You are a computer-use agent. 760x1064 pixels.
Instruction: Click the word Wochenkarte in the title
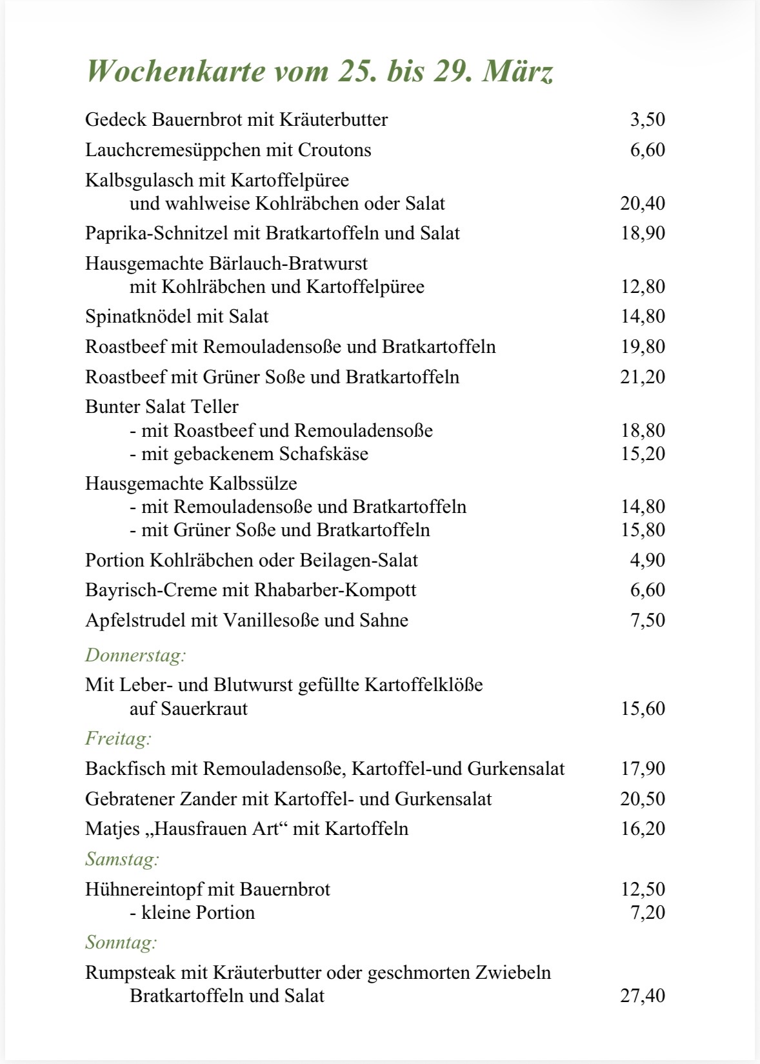(175, 72)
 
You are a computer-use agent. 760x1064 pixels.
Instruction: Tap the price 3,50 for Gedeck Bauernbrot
(647, 120)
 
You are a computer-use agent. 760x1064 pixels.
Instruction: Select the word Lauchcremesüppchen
(169, 150)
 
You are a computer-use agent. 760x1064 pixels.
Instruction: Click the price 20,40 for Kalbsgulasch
(643, 204)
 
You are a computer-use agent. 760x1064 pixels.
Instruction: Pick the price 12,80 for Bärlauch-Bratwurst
(643, 287)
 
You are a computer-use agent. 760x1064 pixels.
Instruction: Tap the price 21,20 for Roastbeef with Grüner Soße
(643, 377)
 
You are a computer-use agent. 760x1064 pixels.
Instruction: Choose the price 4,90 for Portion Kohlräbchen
(647, 560)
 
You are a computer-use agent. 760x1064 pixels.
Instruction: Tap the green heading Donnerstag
(135, 656)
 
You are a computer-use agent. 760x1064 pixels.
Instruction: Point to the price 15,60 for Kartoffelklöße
(643, 709)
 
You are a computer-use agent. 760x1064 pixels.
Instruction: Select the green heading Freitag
(118, 738)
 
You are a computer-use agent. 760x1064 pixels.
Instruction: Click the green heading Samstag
(122, 859)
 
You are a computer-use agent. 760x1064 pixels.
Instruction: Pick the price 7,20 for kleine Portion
(647, 913)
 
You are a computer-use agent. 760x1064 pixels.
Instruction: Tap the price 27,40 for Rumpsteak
(643, 996)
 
